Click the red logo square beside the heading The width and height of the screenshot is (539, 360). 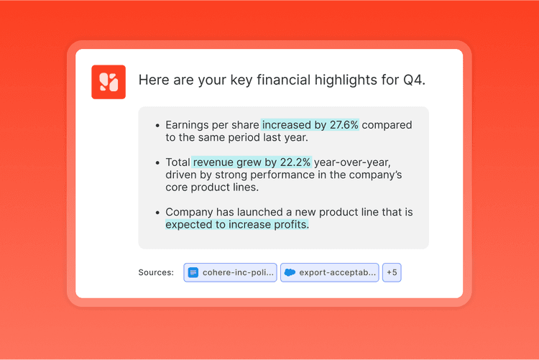tap(109, 82)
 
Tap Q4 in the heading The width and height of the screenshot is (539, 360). tap(414, 80)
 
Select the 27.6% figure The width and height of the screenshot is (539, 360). tap(344, 125)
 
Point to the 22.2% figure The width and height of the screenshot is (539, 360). tap(295, 162)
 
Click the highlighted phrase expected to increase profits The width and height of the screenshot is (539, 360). tap(237, 224)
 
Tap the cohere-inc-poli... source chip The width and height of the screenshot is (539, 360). tap(230, 272)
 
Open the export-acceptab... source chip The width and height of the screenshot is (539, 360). tap(330, 272)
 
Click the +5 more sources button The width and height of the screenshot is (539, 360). tap(392, 272)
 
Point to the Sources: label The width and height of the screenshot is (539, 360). tap(156, 272)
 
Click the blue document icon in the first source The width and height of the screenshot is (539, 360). tap(193, 272)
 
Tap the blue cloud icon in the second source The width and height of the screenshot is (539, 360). tap(290, 272)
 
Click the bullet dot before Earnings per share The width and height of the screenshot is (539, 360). tap(157, 126)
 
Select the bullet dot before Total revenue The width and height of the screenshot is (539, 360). tap(157, 163)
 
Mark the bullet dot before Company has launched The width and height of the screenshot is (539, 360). tap(157, 213)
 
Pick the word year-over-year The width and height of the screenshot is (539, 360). tap(352, 162)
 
